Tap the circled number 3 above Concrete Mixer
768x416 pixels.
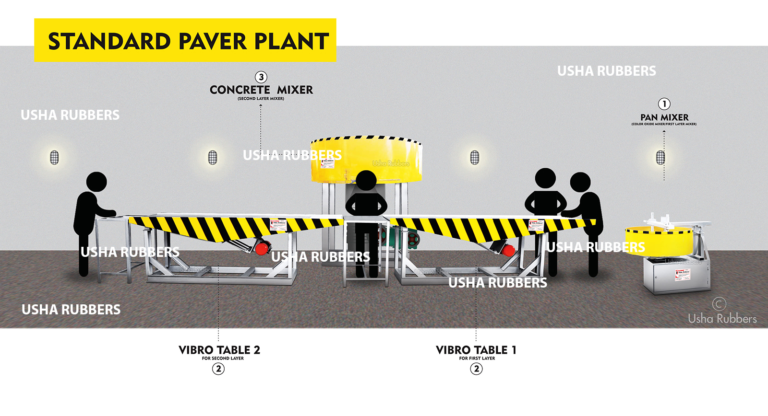point(261,77)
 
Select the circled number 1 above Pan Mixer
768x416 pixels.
point(664,104)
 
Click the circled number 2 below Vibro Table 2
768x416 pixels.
point(218,369)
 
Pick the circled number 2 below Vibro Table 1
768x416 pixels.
point(476,369)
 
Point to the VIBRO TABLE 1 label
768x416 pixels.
point(476,350)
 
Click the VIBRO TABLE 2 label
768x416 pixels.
point(219,350)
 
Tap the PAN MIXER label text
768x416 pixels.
point(664,117)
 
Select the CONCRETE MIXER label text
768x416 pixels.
point(261,90)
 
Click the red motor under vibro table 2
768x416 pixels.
point(262,248)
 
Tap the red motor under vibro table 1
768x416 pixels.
point(508,250)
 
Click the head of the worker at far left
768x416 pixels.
point(96,182)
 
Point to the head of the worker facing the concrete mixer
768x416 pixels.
point(366,181)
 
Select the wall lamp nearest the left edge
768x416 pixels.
point(54,157)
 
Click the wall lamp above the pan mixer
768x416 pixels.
point(660,157)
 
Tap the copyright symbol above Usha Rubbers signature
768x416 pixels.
point(719,304)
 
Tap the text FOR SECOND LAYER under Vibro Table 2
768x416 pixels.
point(223,358)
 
